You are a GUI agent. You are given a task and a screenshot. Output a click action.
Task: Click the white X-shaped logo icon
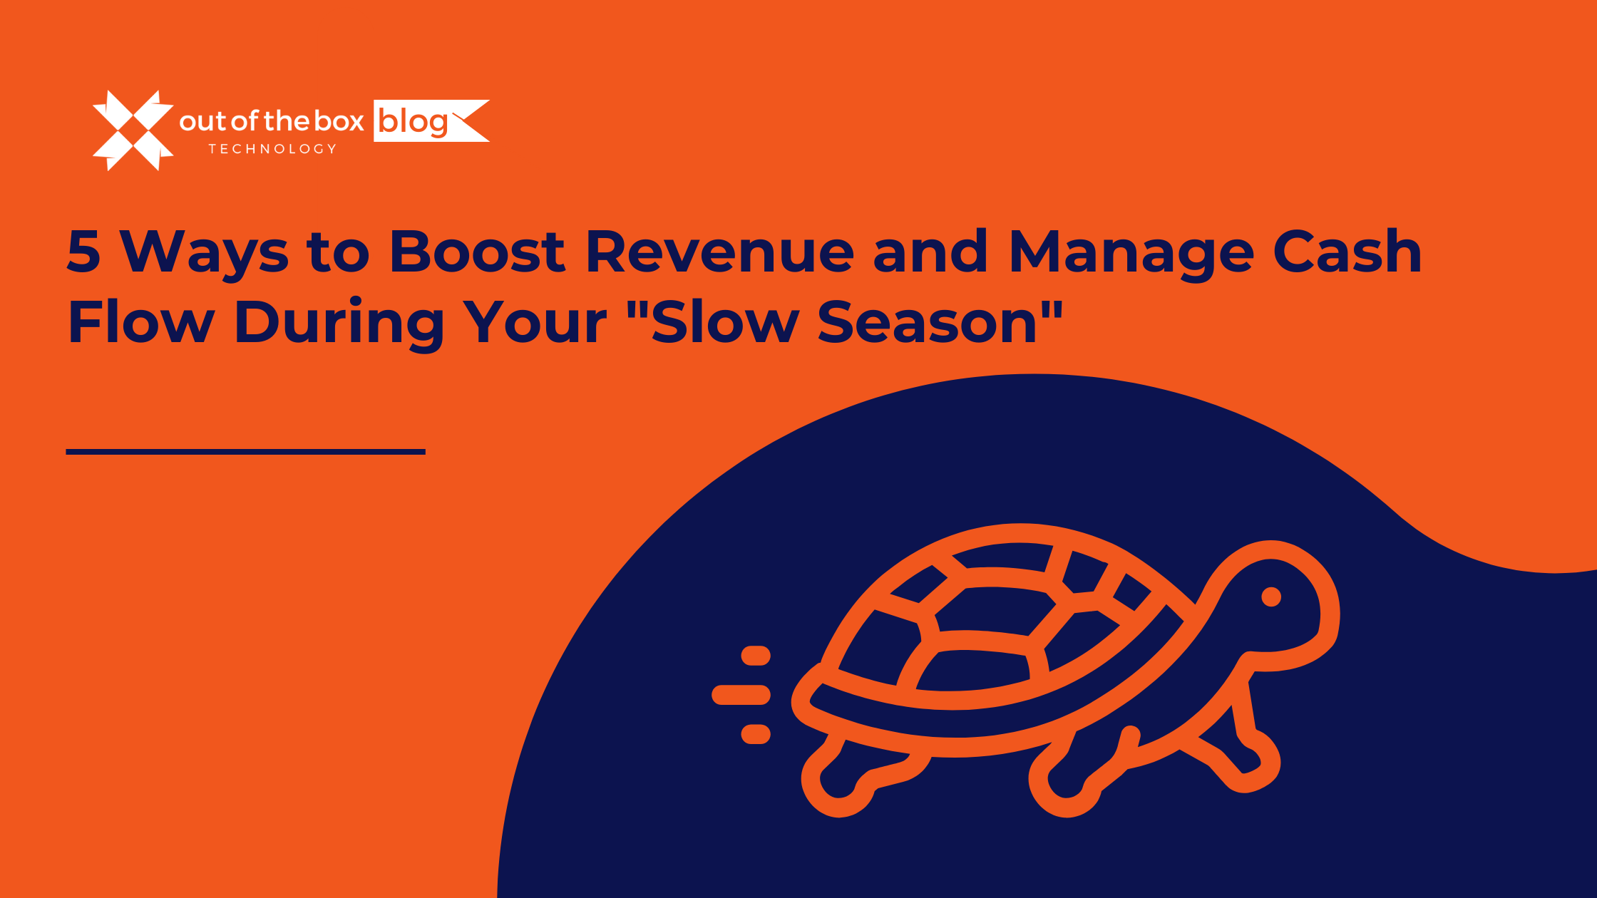tap(133, 130)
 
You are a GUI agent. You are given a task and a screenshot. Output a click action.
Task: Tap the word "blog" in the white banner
tap(413, 122)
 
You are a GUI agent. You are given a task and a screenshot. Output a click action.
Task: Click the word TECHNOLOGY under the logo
tap(272, 149)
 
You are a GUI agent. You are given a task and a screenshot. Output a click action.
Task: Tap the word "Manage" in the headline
tap(1131, 253)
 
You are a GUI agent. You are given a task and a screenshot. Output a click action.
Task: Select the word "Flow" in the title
tap(140, 323)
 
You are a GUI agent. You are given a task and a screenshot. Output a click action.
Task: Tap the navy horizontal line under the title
tap(245, 452)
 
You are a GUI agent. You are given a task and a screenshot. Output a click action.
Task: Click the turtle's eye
tap(1271, 597)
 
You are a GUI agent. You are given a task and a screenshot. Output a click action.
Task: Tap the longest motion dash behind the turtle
tap(741, 694)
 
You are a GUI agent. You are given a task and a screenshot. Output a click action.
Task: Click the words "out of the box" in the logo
tap(272, 122)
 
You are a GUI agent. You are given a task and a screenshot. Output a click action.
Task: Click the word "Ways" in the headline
tap(204, 253)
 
